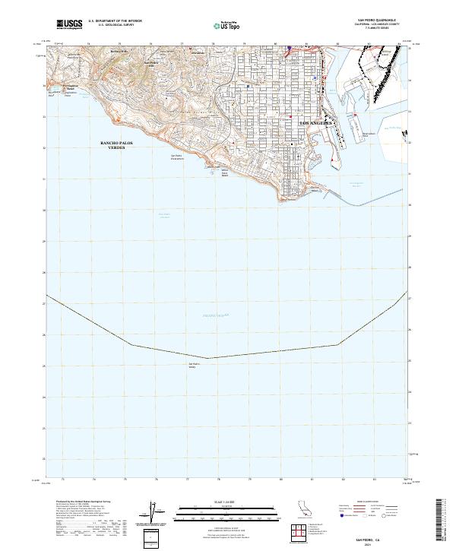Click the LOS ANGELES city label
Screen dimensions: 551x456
[x=313, y=122]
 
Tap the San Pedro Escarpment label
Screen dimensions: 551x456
[x=176, y=157]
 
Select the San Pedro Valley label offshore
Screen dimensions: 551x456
[x=192, y=366]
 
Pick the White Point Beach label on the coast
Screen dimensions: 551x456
[x=224, y=173]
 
